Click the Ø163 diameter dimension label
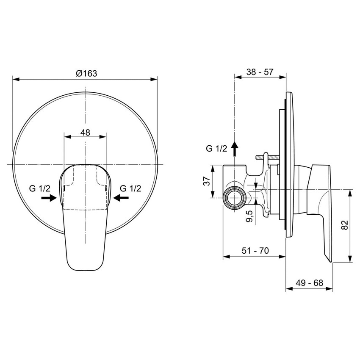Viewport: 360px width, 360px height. tap(86, 73)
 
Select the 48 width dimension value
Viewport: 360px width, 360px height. tap(85, 132)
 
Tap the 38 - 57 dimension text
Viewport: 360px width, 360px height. tap(260, 72)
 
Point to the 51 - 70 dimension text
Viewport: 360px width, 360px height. tap(255, 251)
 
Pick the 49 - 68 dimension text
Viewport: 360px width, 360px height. tap(309, 283)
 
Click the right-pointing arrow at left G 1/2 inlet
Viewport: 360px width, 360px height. tap(50, 197)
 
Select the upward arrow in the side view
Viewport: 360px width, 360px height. tap(235, 150)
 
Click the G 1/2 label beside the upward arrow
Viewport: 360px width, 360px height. tap(216, 149)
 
